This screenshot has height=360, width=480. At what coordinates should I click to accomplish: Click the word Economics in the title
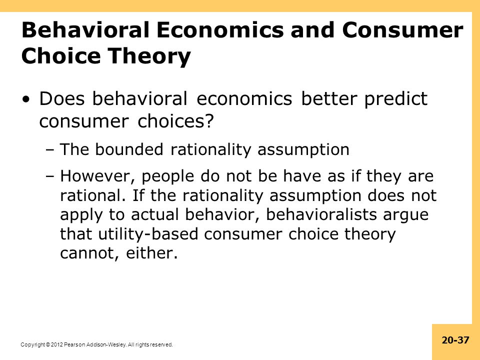[x=220, y=30]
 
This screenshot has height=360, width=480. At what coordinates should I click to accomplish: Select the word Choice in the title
[x=61, y=55]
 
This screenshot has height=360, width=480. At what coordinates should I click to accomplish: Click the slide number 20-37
[x=455, y=340]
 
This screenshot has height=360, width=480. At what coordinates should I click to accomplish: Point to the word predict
[x=396, y=99]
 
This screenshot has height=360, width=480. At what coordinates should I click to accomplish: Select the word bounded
[x=129, y=149]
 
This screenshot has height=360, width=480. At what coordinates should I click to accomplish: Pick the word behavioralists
[x=321, y=214]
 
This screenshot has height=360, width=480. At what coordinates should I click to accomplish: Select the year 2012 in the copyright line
[x=56, y=344]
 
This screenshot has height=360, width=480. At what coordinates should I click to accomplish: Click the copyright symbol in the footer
[x=48, y=344]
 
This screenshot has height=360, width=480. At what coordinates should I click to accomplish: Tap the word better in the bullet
[x=329, y=98]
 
